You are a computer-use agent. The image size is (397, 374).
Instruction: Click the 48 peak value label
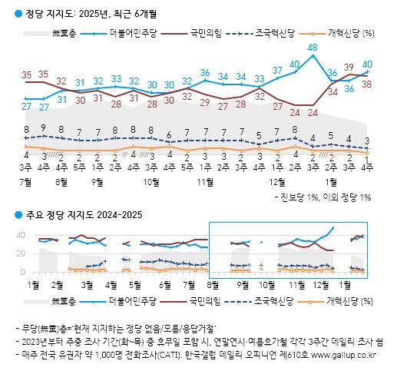coord(313,47)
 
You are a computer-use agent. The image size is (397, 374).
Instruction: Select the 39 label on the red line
coord(349,66)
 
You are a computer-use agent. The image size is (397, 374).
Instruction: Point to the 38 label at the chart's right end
coord(367,83)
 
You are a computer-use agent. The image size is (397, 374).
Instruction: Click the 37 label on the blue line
coord(277,70)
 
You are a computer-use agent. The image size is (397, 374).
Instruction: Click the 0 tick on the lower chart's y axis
coord(23,272)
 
